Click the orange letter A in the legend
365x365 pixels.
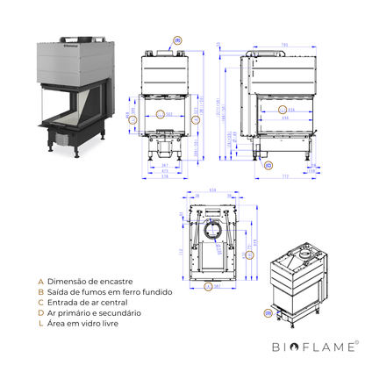[x=40, y=282]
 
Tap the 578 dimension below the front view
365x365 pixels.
[x=164, y=175]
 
